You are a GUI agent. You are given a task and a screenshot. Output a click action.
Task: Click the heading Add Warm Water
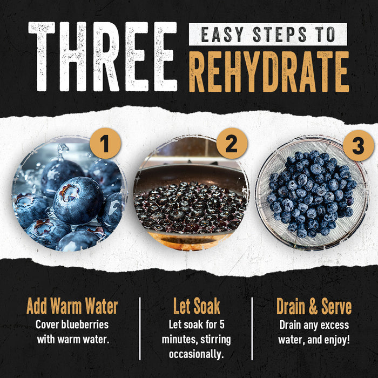(x=72, y=307)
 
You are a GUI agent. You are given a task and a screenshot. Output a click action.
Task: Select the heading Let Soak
(x=197, y=307)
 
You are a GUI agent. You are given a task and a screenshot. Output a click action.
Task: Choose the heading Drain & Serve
(x=314, y=307)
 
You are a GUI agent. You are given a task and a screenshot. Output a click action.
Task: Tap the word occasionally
(x=197, y=354)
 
